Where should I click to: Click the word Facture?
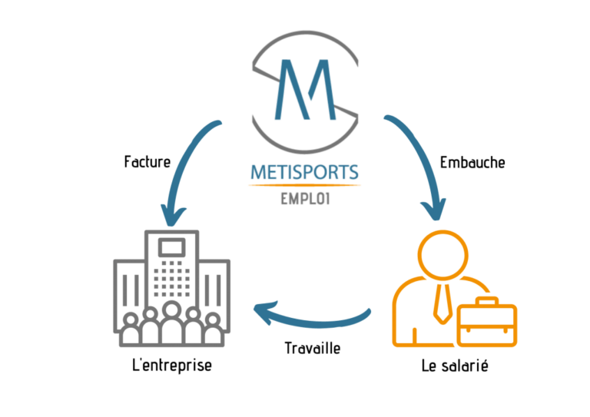[147, 162]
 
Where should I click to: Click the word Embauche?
[472, 163]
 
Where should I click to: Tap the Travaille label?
[313, 348]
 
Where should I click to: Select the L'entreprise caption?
[172, 366]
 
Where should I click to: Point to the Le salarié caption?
[455, 366]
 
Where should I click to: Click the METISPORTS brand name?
[304, 172]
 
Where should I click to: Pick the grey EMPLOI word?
[306, 199]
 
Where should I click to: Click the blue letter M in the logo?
[305, 90]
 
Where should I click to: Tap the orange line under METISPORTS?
[304, 185]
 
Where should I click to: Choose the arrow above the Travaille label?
[313, 319]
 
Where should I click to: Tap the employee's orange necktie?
[442, 304]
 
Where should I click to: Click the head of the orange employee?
[442, 255]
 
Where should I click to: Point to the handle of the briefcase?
[487, 301]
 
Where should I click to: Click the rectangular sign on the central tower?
[172, 247]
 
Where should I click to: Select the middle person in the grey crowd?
[171, 323]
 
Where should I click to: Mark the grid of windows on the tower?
[172, 279]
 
